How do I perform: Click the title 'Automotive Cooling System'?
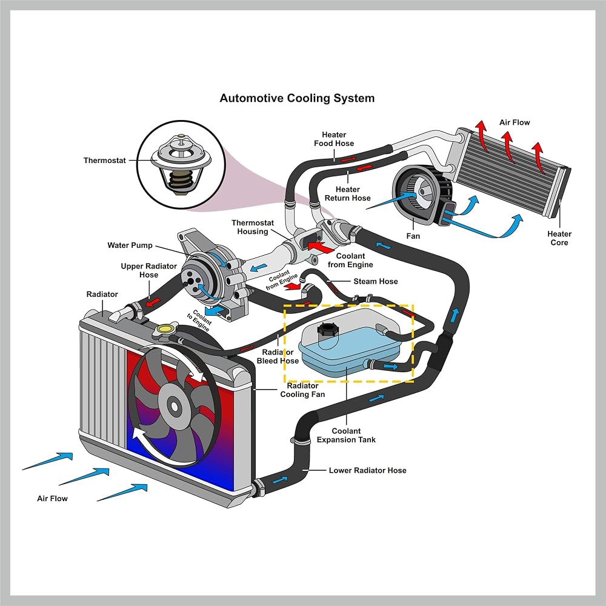click(x=297, y=98)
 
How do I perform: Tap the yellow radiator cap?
click(x=165, y=329)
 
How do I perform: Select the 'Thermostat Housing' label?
click(x=252, y=227)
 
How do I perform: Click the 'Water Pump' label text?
click(x=130, y=245)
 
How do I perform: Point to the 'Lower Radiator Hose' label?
click(x=368, y=470)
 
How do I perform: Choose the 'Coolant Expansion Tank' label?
click(x=346, y=435)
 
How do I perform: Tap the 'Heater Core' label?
click(x=559, y=238)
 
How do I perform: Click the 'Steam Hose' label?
click(x=376, y=281)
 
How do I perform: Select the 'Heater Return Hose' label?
click(x=347, y=194)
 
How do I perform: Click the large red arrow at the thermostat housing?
click(x=321, y=247)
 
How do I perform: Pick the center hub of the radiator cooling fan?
click(x=175, y=406)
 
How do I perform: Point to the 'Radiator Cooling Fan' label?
click(x=302, y=390)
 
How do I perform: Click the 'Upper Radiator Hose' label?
click(x=149, y=270)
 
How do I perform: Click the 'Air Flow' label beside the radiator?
click(x=52, y=499)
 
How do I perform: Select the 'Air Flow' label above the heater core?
click(x=514, y=122)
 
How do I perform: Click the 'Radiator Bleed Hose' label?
click(x=278, y=356)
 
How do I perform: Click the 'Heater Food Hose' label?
click(x=334, y=139)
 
